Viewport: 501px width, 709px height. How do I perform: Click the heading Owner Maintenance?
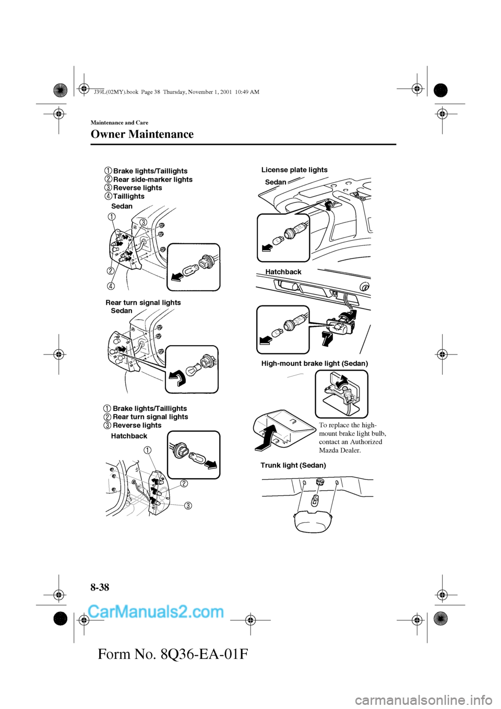142,134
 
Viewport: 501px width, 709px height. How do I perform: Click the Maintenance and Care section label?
120,123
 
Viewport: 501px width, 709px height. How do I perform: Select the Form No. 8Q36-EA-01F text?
173,653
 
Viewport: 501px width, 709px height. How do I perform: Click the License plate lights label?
294,170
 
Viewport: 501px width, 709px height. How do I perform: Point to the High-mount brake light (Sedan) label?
314,363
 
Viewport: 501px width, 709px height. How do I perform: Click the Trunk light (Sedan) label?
293,465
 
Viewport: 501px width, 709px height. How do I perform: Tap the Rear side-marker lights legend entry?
152,180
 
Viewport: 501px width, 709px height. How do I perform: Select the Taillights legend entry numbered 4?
128,196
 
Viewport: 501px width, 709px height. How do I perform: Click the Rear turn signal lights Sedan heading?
143,303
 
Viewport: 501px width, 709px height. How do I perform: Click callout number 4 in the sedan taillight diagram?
112,286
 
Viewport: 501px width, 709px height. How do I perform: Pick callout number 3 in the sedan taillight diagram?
143,223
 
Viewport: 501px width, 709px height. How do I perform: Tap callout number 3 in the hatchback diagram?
187,505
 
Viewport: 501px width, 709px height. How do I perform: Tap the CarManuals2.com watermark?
156,611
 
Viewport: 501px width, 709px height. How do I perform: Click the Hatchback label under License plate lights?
283,272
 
